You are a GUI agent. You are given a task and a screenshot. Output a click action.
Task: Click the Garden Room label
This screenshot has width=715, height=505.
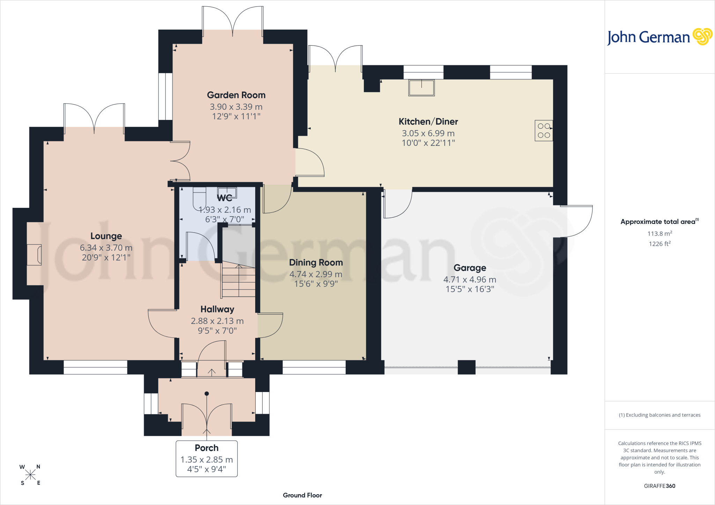(x=236, y=95)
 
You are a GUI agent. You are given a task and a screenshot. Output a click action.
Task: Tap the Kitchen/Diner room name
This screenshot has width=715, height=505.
(x=428, y=121)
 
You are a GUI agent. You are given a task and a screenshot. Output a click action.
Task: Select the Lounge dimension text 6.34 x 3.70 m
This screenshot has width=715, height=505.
(x=106, y=248)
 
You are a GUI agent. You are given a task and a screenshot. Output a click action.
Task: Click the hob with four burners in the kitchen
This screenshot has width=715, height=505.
(x=544, y=130)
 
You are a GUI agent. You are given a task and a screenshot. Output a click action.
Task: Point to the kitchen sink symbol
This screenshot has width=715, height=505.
(x=421, y=88)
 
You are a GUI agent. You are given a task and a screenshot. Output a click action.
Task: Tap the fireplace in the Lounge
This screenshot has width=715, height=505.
(x=34, y=255)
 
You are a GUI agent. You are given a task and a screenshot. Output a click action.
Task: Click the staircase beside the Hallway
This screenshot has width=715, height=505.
(x=238, y=279)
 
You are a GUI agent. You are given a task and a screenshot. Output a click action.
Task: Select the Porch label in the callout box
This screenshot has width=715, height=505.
(x=207, y=448)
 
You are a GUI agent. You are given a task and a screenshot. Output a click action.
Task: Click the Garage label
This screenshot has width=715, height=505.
(x=470, y=268)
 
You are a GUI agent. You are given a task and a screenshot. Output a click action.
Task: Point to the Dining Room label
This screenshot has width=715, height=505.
(x=316, y=263)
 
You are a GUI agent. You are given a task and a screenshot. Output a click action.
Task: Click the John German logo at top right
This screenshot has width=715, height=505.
(x=659, y=37)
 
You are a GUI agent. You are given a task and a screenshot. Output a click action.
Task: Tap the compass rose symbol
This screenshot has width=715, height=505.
(x=30, y=475)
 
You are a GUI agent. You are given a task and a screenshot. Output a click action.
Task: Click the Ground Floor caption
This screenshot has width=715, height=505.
(x=302, y=495)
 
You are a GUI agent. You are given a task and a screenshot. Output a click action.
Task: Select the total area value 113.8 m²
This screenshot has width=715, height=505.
(x=659, y=233)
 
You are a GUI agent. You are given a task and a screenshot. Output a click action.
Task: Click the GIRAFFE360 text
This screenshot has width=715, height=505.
(x=659, y=486)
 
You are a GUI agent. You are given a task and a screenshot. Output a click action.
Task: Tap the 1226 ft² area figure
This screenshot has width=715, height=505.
(x=659, y=243)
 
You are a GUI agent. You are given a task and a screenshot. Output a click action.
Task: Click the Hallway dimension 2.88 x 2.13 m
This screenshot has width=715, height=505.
(x=217, y=321)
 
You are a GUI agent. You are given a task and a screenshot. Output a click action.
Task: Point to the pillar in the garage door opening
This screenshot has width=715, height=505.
(x=466, y=367)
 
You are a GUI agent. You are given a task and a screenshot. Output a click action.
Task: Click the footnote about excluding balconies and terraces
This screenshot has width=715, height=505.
(x=659, y=415)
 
